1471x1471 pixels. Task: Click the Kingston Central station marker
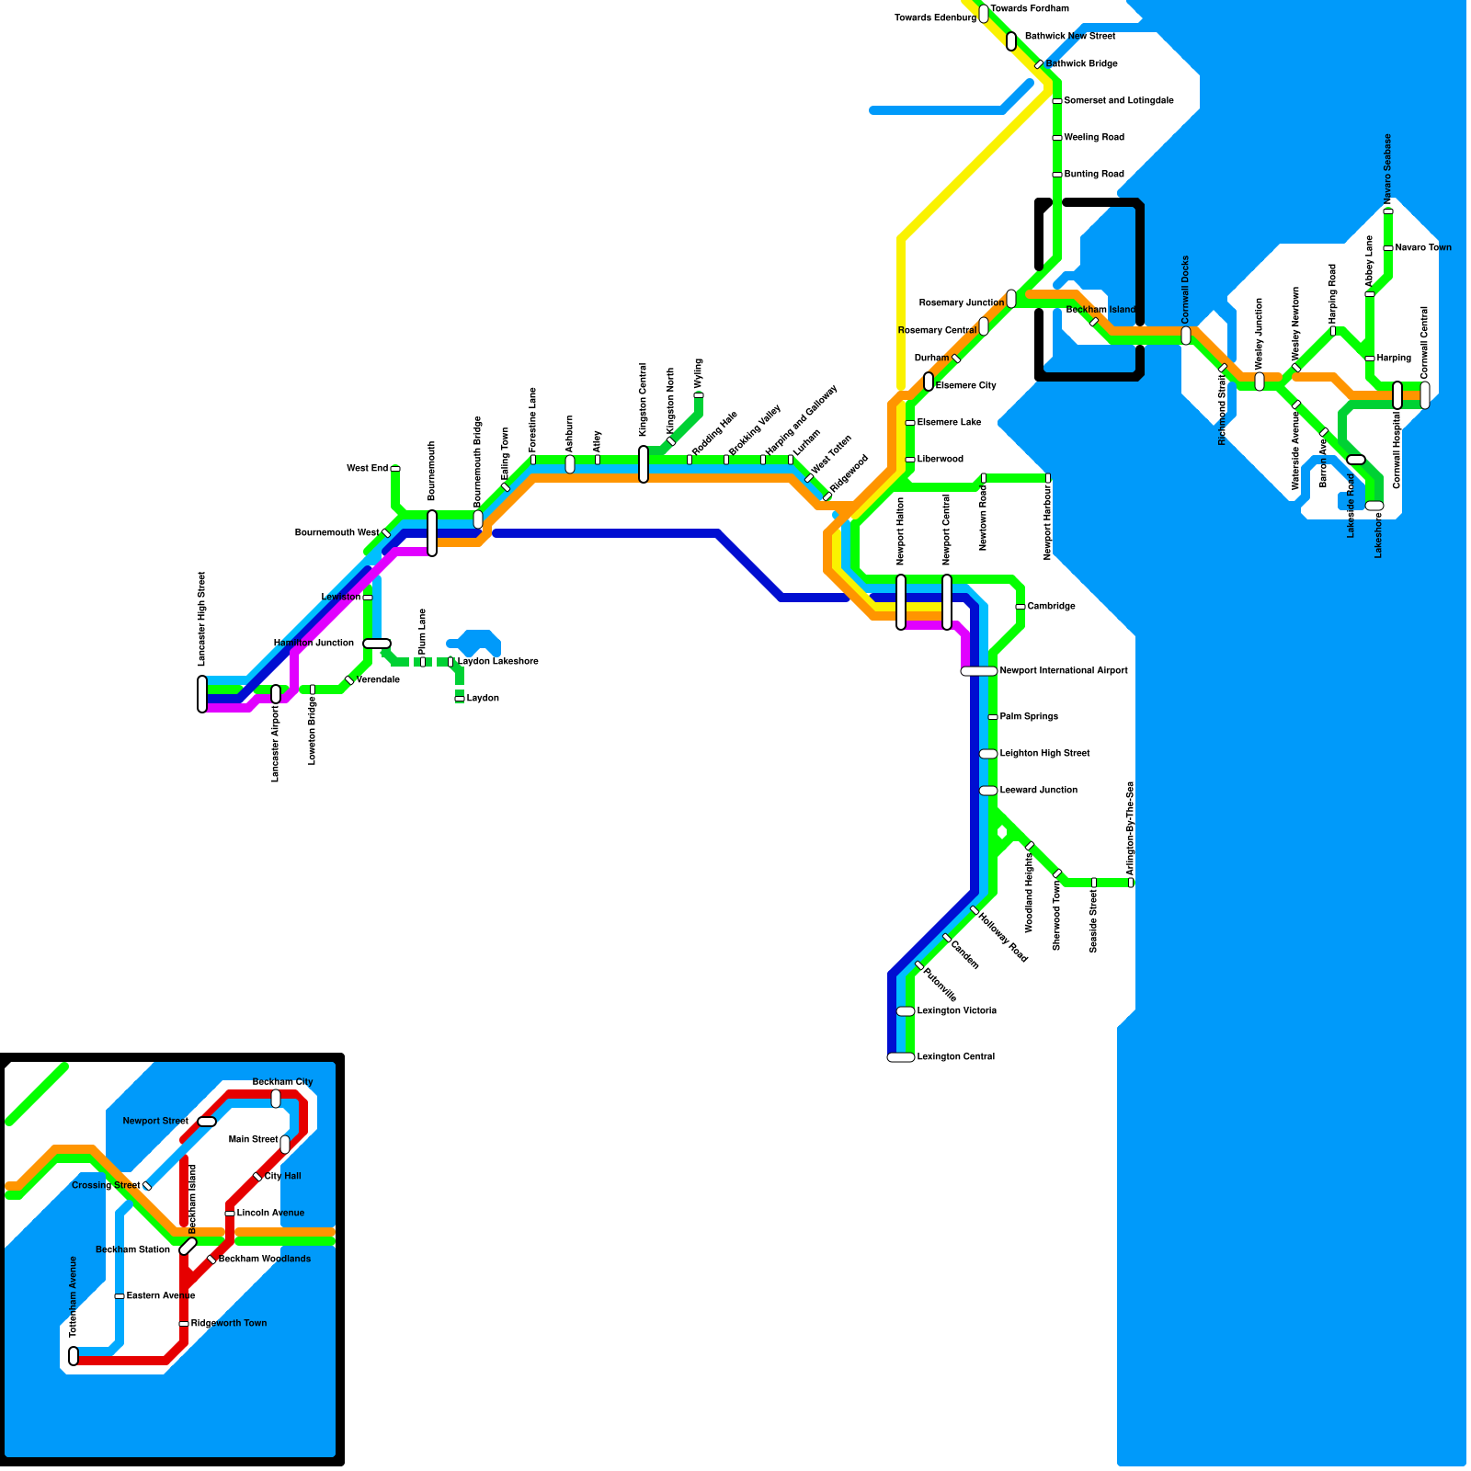point(644,464)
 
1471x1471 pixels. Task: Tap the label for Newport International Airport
point(1064,671)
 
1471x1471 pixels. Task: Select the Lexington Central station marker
point(901,1057)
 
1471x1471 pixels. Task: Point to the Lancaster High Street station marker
point(202,694)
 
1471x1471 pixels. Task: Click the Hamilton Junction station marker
point(377,644)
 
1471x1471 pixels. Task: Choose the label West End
point(367,469)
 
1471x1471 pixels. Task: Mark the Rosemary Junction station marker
point(1011,299)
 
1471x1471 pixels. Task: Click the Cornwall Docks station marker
point(1186,336)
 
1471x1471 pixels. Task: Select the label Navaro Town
point(1423,248)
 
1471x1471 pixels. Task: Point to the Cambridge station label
point(1051,607)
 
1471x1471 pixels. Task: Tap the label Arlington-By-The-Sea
point(1130,828)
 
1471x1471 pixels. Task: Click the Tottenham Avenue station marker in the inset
point(74,1356)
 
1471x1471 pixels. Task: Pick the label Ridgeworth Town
point(229,1324)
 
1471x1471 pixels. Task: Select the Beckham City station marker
point(276,1099)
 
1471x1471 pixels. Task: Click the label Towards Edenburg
point(935,18)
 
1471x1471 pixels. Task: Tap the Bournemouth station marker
point(432,533)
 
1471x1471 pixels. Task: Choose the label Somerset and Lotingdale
point(1119,101)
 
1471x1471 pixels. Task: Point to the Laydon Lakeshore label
point(498,662)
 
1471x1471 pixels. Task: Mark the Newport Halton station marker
point(901,602)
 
